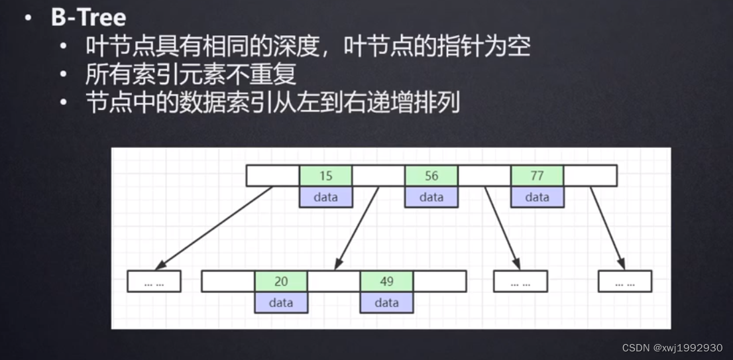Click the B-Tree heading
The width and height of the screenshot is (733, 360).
88,17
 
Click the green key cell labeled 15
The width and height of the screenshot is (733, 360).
325,176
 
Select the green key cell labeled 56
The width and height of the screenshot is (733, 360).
431,176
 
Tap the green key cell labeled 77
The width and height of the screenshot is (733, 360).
537,176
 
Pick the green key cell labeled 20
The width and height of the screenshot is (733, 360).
281,281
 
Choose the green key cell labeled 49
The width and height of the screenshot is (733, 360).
386,281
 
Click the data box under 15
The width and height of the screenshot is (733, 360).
325,197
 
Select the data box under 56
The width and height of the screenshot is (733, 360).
431,197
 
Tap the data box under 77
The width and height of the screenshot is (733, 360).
537,197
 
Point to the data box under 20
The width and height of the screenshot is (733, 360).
281,302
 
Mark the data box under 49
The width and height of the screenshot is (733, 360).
386,302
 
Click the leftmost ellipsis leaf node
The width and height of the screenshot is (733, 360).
154,282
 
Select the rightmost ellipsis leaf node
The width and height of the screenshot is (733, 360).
624,282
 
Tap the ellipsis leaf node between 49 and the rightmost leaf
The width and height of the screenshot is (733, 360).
520,282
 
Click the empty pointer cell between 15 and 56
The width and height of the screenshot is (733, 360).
378,176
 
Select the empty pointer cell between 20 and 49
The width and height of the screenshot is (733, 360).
334,281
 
